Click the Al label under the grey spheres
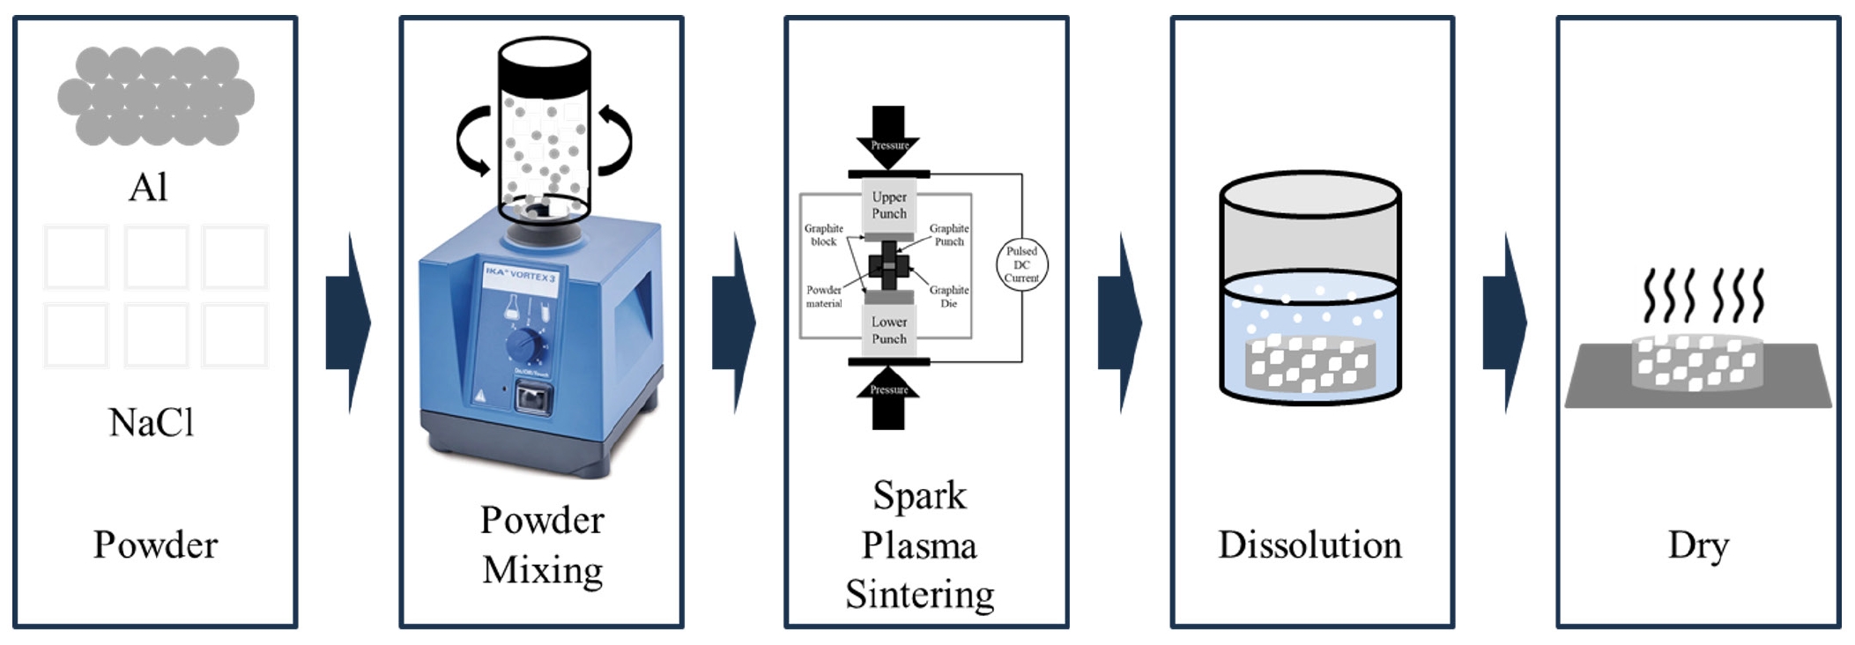pos(148,188)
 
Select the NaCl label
pos(151,423)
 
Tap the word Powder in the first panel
pos(155,545)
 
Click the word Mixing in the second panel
pos(542,570)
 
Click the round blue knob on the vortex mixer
pos(525,345)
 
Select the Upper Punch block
pos(888,205)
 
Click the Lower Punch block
pos(888,330)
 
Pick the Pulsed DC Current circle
pos(1021,264)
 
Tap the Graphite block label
pos(823,234)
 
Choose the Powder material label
pos(823,296)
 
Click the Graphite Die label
pos(948,296)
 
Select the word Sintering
pos(919,595)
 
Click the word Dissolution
pos(1310,545)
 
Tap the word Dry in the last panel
pos(1697,545)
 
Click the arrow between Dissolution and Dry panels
pos(1504,322)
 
